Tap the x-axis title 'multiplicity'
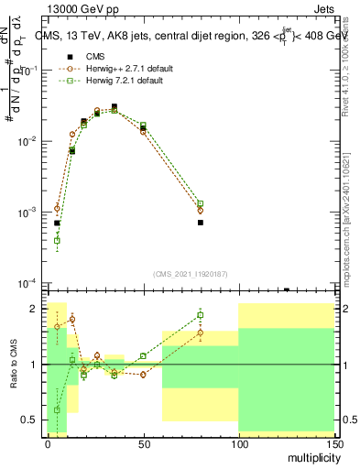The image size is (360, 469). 311,455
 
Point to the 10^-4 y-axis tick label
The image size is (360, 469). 26,283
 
